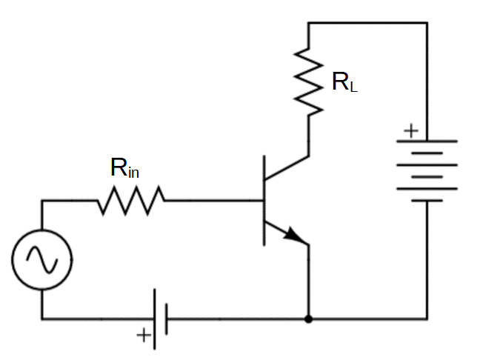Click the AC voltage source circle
tap(41, 259)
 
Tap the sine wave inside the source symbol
tap(41, 259)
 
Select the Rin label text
tap(124, 168)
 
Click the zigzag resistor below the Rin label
tap(131, 200)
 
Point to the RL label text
tap(344, 81)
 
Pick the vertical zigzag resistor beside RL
tap(308, 81)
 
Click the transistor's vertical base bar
tap(264, 200)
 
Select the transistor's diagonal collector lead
tap(287, 167)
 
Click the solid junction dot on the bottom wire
tap(308, 319)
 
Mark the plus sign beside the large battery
tap(410, 132)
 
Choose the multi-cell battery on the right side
tap(427, 170)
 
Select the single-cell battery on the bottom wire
tap(160, 319)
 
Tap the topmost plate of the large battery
tap(427, 141)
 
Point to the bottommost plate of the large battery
tap(427, 201)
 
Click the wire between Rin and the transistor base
tap(215, 200)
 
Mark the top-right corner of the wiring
tap(427, 23)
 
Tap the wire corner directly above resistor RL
tap(308, 23)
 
